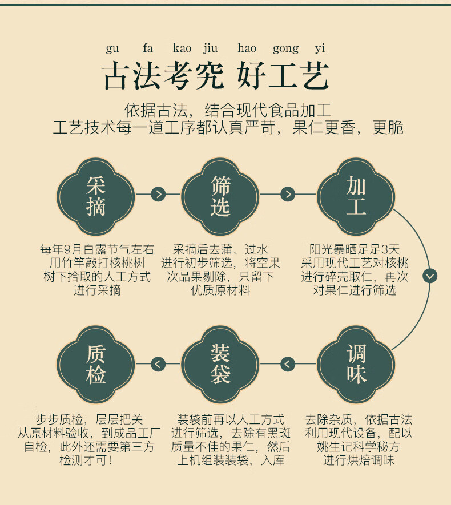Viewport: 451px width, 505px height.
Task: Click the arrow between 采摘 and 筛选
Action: coord(158,195)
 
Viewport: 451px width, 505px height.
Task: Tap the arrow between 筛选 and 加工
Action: coord(288,195)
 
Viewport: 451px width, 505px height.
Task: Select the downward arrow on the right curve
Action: coord(429,276)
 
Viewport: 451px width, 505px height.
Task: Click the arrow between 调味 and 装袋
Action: coord(288,363)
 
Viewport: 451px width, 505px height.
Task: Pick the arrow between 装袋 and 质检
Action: coord(158,363)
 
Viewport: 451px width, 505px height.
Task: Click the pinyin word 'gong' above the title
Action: coord(285,49)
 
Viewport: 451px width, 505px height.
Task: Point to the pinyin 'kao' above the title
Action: coord(182,49)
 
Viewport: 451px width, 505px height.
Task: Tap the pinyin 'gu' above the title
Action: coord(112,49)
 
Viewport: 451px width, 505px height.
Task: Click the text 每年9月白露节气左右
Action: coord(96,249)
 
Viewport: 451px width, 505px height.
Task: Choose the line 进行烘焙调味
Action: coord(358,460)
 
